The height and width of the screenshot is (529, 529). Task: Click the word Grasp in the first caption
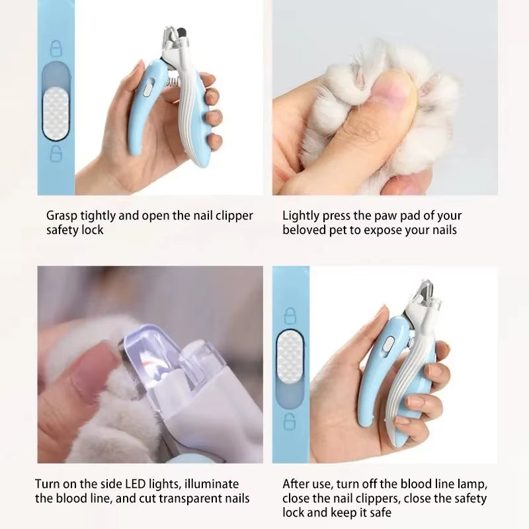pyautogui.click(x=61, y=216)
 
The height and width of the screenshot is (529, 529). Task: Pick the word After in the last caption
pyautogui.click(x=297, y=484)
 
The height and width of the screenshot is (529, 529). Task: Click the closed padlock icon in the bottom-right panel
pyautogui.click(x=289, y=313)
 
